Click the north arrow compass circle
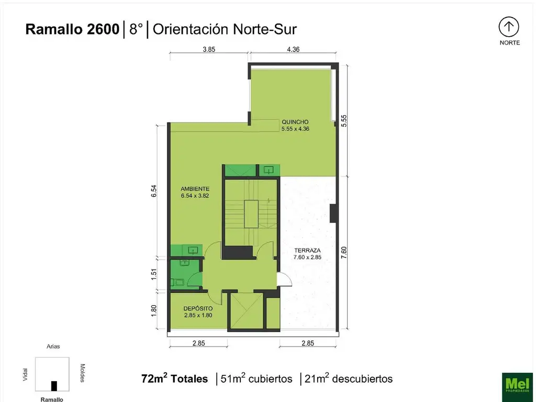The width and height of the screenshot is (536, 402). click(x=509, y=27)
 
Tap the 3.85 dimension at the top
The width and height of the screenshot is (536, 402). click(x=209, y=50)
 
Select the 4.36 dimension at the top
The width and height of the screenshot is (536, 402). click(x=293, y=50)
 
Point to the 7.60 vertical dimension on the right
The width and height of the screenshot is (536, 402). click(x=344, y=252)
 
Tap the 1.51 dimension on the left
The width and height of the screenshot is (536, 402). click(x=154, y=274)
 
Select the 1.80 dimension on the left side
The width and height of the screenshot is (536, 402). click(x=154, y=310)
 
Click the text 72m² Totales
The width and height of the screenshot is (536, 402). click(x=174, y=378)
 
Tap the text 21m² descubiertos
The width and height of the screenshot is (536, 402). click(x=348, y=378)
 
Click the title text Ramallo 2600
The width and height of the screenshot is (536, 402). click(x=72, y=29)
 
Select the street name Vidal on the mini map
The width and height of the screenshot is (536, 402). click(x=26, y=374)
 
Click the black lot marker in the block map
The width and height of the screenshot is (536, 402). click(x=53, y=386)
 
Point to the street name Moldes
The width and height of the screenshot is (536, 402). click(x=82, y=373)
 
